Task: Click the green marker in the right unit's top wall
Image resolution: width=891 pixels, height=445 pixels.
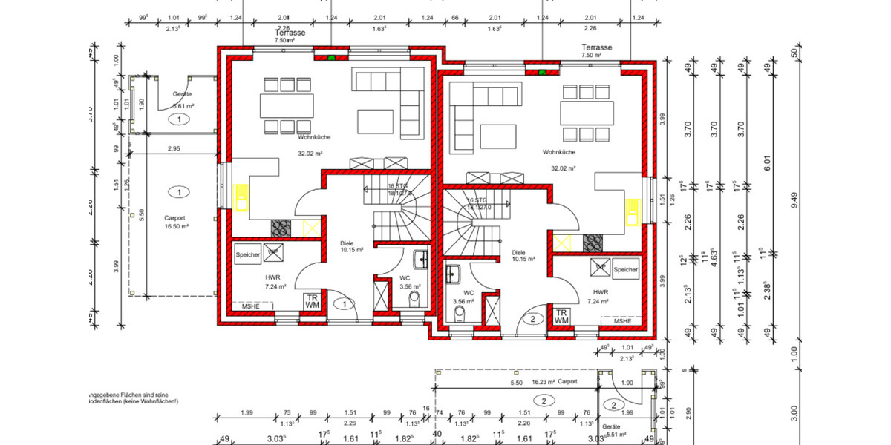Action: pyautogui.click(x=542, y=72)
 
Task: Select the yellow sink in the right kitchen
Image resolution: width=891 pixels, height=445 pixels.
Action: pyautogui.click(x=632, y=212)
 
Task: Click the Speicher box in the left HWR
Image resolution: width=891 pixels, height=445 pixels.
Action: pyautogui.click(x=248, y=254)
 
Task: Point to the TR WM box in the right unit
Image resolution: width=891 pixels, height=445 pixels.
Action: pyautogui.click(x=561, y=317)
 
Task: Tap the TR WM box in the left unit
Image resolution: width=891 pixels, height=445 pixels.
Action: pyautogui.click(x=313, y=301)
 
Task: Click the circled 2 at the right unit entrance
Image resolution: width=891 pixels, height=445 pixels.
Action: pyautogui.click(x=532, y=320)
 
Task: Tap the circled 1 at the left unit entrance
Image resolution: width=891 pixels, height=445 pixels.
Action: pyautogui.click(x=344, y=303)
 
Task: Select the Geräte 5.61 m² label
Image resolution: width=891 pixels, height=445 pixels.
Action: pyautogui.click(x=183, y=100)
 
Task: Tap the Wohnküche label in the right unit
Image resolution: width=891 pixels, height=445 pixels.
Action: pyautogui.click(x=559, y=152)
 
